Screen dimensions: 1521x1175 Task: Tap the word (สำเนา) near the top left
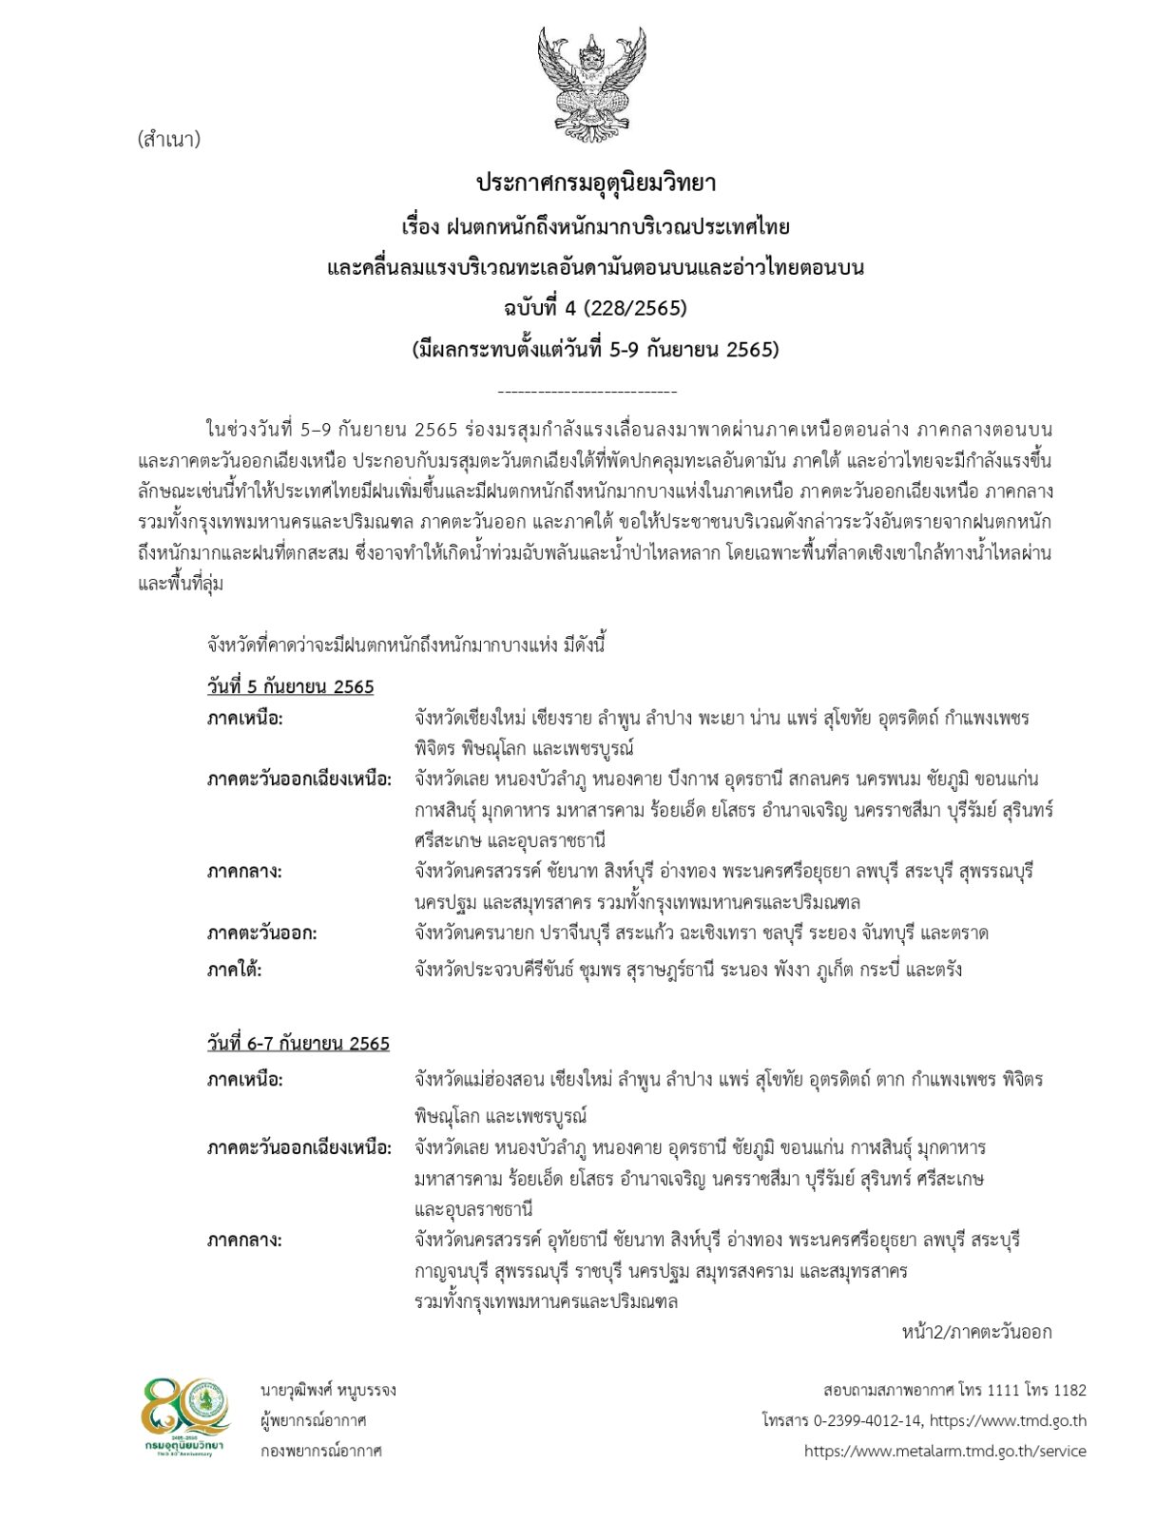click(x=168, y=140)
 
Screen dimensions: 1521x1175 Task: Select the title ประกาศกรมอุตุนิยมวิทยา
click(x=595, y=183)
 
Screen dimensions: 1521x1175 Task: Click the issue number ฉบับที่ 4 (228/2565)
click(x=595, y=308)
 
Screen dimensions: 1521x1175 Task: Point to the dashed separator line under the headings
click(x=587, y=392)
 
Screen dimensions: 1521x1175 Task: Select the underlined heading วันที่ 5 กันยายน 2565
click(x=290, y=686)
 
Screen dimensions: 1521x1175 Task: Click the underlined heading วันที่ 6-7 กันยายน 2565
click(x=298, y=1043)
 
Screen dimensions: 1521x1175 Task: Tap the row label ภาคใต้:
click(x=234, y=970)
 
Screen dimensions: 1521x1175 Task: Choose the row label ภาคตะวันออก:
click(x=261, y=933)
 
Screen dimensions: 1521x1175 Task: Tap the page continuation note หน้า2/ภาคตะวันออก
click(x=976, y=1332)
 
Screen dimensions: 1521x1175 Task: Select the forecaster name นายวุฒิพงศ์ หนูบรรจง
click(x=328, y=1390)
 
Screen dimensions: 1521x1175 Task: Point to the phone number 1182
click(x=1069, y=1390)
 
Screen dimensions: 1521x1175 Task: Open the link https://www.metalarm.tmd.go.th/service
click(x=944, y=1451)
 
